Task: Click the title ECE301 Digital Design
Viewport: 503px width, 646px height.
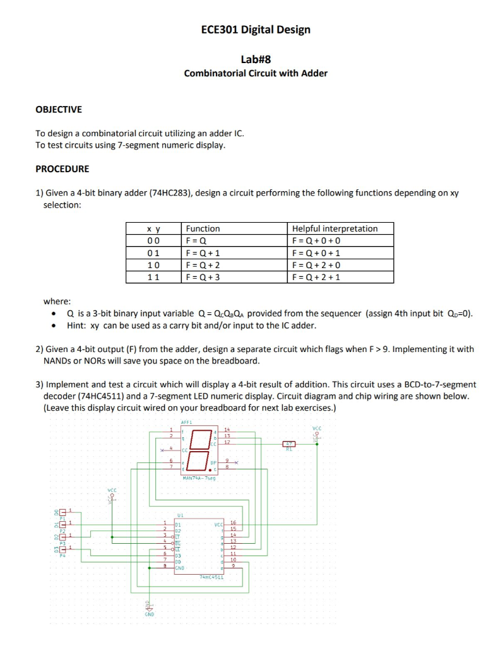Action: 256,30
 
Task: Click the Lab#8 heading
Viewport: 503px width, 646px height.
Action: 256,59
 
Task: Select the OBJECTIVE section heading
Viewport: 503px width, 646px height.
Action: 59,110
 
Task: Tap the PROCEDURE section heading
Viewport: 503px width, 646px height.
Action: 62,169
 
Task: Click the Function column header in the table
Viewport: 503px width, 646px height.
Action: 203,228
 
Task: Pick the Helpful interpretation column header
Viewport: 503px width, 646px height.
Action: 334,228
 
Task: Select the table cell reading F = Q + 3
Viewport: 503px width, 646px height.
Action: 202,277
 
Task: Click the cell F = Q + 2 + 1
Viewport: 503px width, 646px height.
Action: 316,277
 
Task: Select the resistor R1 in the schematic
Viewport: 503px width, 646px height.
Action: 290,445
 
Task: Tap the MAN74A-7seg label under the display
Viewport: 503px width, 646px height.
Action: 199,478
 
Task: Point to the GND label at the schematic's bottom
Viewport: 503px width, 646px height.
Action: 148,613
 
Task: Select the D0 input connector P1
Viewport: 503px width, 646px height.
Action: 63,512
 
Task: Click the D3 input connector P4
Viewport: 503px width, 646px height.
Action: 63,549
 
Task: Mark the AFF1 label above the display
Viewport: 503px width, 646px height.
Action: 187,422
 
